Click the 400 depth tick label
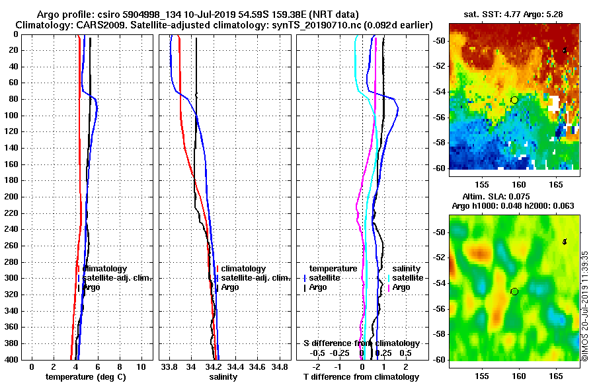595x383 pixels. pos(12,360)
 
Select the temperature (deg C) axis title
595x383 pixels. pos(85,377)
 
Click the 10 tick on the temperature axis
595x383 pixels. pos(141,366)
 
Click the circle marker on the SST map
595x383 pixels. pos(514,100)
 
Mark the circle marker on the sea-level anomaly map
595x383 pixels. pos(514,291)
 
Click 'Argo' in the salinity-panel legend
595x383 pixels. pos(230,287)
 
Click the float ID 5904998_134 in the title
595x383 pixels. pos(165,14)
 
